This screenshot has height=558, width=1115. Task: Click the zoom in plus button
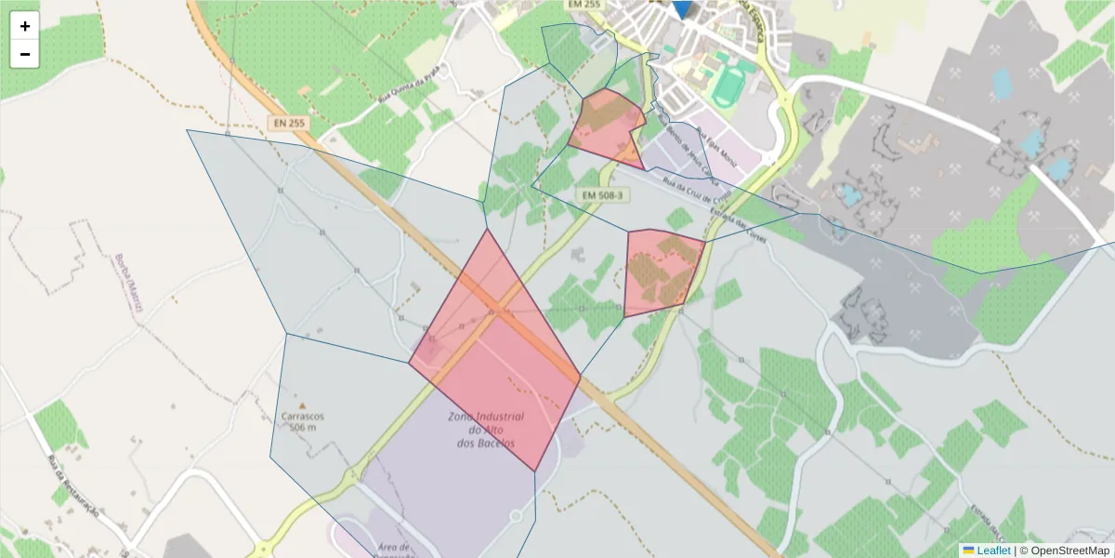[x=25, y=26]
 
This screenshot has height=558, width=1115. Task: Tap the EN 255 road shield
[x=290, y=122]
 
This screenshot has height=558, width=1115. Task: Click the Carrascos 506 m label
[x=303, y=422]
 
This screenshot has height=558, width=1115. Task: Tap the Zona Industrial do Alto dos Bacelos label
[x=485, y=430]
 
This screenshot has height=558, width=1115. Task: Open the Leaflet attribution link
[x=992, y=551]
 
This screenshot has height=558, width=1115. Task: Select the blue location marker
[x=682, y=7]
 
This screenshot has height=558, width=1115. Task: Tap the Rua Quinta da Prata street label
[x=394, y=98]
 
